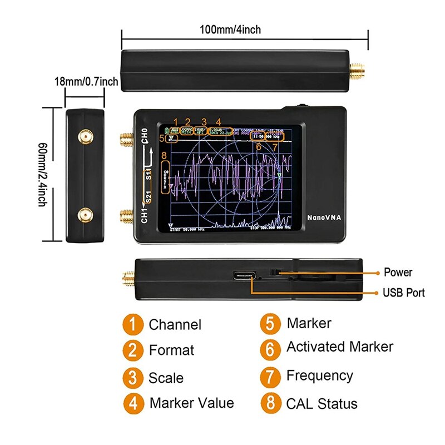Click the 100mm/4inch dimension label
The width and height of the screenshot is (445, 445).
(x=230, y=29)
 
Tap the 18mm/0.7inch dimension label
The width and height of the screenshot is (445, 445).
(x=86, y=82)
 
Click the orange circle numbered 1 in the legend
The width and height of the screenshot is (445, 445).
(x=132, y=324)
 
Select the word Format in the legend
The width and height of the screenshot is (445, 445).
(x=171, y=350)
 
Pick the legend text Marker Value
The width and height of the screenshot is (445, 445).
(x=191, y=403)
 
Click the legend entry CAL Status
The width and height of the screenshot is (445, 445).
(x=322, y=404)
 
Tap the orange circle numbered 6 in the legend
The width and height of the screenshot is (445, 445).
(x=270, y=349)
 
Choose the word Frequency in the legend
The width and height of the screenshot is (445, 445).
(x=319, y=376)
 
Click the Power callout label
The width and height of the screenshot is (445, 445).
(x=398, y=273)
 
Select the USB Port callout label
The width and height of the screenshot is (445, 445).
(x=403, y=293)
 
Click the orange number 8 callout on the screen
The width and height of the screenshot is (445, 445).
(x=164, y=156)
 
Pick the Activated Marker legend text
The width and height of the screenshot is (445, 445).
(x=339, y=347)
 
